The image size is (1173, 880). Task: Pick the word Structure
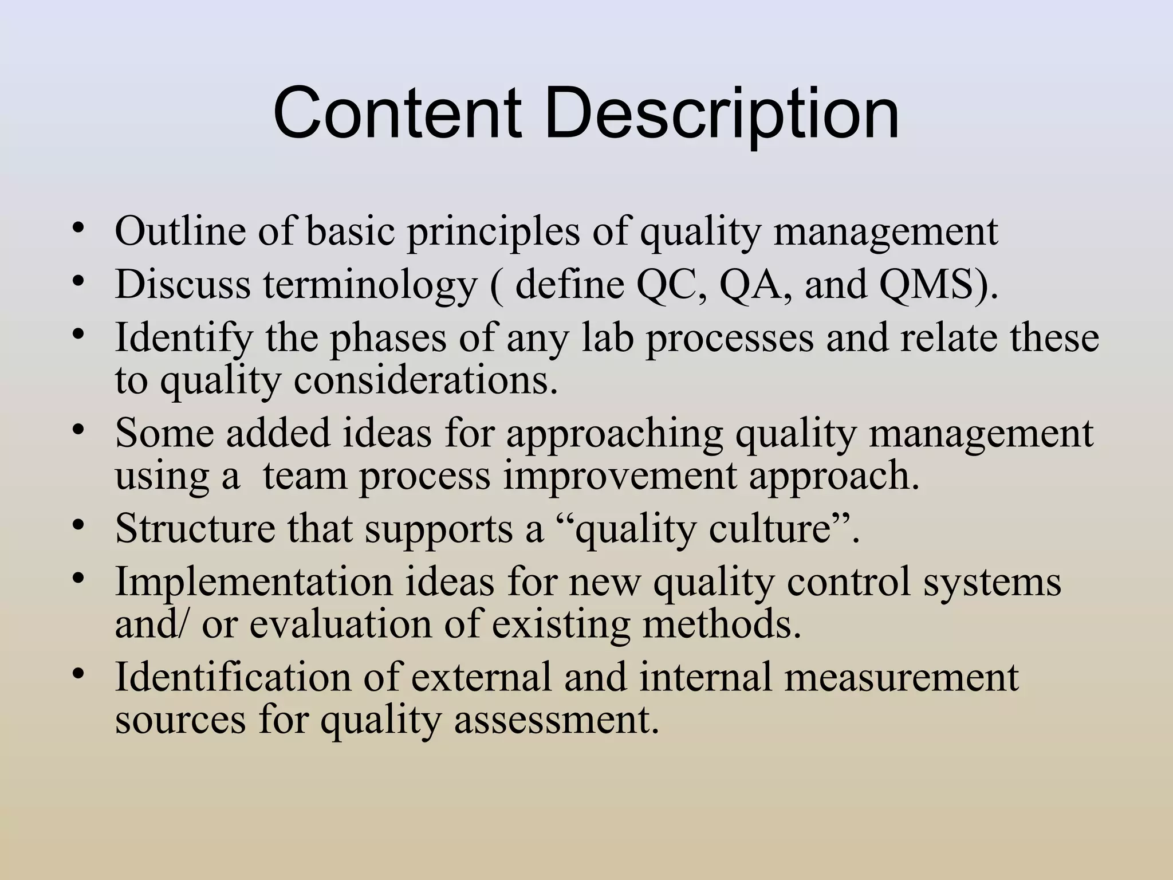tap(195, 528)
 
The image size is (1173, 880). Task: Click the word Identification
tap(233, 677)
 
